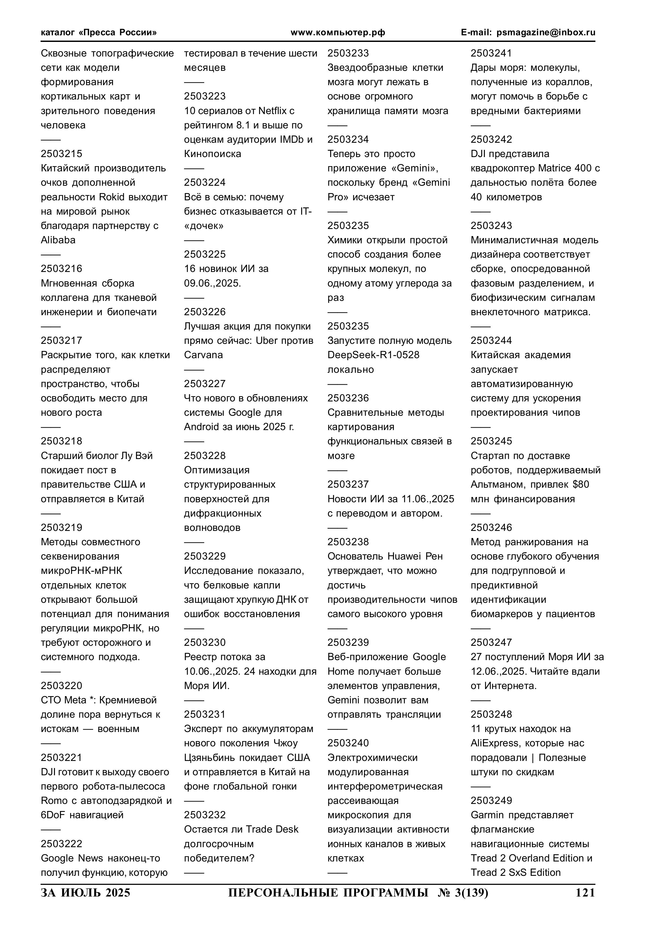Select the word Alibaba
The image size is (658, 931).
coord(58,240)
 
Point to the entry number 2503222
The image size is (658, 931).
coord(61,844)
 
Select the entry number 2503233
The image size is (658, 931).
coord(348,53)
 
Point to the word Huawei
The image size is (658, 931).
coord(404,556)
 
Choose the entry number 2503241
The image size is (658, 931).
coord(491,53)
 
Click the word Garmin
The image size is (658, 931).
coord(487,815)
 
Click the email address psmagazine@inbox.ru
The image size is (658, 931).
coord(546,32)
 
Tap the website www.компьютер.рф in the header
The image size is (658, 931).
coord(338,32)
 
